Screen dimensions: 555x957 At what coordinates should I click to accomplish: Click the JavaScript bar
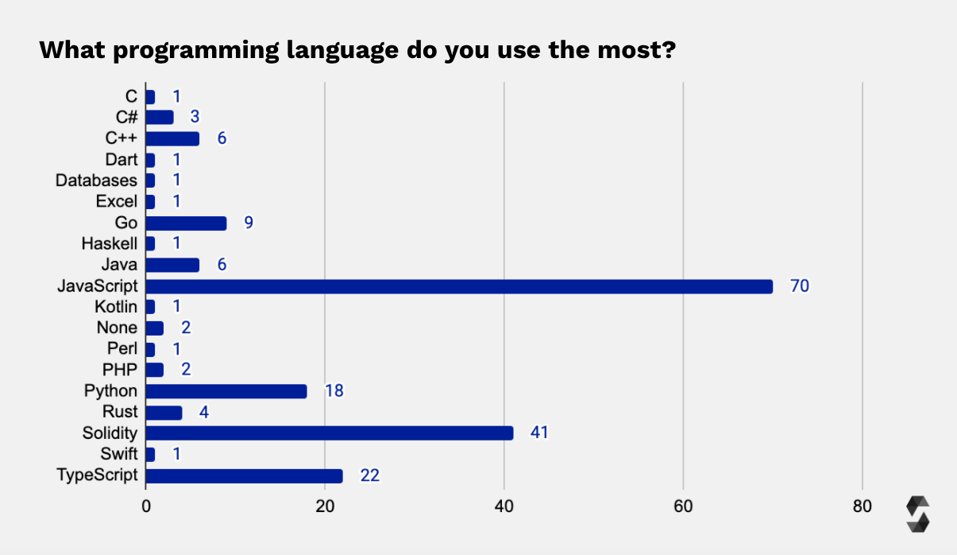click(x=459, y=286)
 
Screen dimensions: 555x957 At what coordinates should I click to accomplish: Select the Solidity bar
click(x=330, y=433)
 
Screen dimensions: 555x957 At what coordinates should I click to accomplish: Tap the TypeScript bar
click(x=245, y=475)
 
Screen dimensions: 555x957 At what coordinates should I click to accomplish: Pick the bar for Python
click(x=226, y=391)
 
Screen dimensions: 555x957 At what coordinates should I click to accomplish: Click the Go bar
click(x=186, y=223)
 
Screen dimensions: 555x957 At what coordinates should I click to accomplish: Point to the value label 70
click(x=799, y=286)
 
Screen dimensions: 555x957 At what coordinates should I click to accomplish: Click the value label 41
click(x=539, y=433)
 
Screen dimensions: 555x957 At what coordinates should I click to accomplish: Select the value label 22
click(x=369, y=475)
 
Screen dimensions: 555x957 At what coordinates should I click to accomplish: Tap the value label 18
click(x=334, y=391)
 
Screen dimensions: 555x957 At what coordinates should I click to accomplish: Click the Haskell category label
click(x=109, y=244)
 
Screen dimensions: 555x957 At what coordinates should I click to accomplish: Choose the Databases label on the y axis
click(x=96, y=180)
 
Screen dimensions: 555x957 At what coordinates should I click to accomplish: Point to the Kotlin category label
click(x=116, y=307)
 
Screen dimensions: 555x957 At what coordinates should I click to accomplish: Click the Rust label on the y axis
click(x=120, y=412)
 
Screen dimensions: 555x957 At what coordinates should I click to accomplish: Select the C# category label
click(x=126, y=118)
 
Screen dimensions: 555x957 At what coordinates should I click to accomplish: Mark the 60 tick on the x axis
click(x=683, y=506)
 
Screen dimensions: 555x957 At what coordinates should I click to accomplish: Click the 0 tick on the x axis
click(x=146, y=506)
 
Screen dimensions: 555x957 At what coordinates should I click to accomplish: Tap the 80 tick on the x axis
click(x=862, y=506)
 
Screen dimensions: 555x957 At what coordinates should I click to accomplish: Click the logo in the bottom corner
click(x=917, y=514)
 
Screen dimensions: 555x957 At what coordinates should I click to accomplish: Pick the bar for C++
click(x=172, y=139)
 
